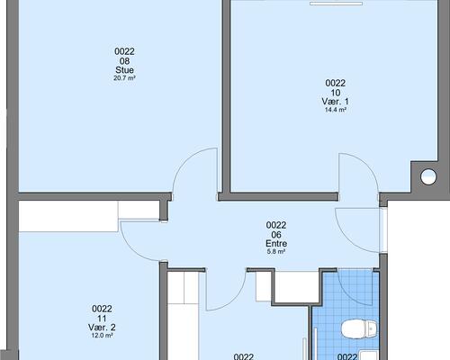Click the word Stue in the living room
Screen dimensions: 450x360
click(x=124, y=70)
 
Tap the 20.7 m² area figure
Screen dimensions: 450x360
click(x=124, y=78)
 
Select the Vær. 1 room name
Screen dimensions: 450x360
click(x=336, y=102)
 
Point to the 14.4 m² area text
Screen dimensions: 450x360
click(x=336, y=110)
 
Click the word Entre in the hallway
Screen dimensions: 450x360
click(x=276, y=243)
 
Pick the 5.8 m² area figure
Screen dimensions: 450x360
click(x=276, y=251)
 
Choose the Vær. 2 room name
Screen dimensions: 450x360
click(x=102, y=328)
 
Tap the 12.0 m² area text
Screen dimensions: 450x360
click(x=102, y=336)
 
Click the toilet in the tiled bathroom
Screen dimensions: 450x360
click(x=358, y=329)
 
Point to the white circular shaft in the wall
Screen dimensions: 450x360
click(x=428, y=176)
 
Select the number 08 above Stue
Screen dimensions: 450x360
click(x=124, y=61)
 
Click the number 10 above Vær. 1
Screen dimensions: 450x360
click(x=336, y=93)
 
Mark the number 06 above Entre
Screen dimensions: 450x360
click(x=276, y=234)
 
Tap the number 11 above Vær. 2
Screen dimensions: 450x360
click(x=102, y=319)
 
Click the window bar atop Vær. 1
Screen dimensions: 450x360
click(x=336, y=4)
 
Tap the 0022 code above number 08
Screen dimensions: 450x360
click(x=124, y=51)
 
